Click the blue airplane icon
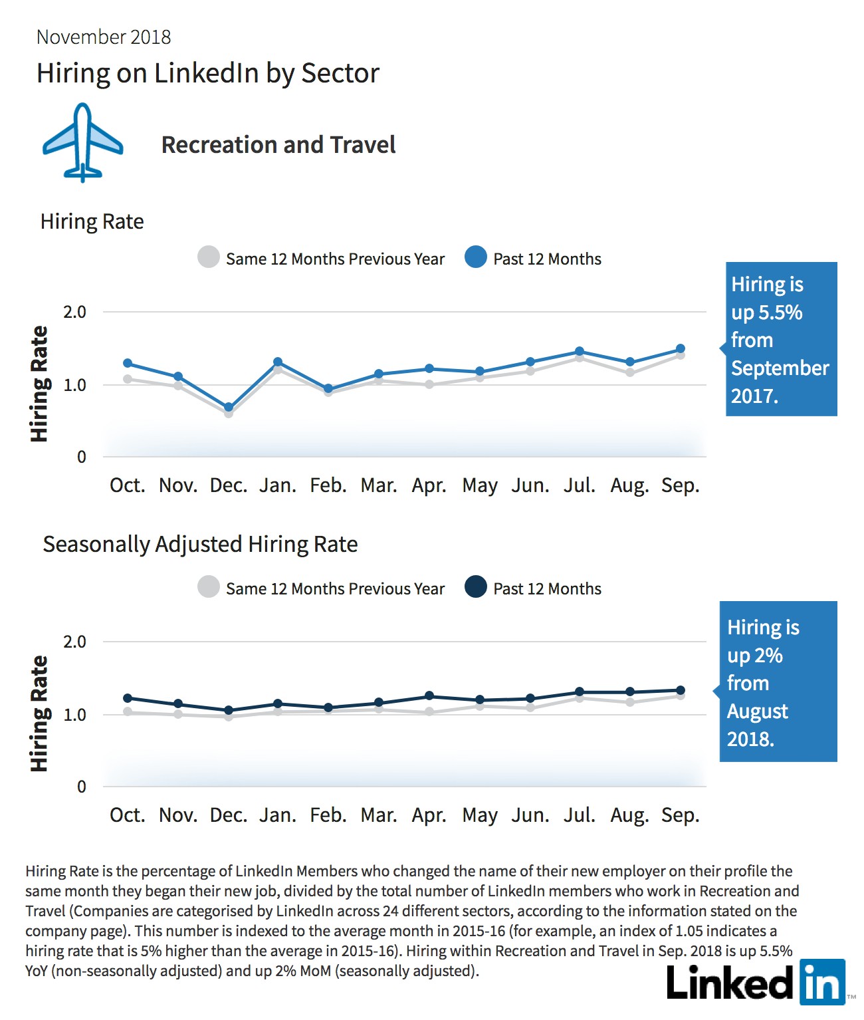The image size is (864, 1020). (82, 142)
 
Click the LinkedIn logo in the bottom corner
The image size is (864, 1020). (756, 982)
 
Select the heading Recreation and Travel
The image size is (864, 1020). (278, 144)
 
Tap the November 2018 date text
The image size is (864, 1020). (104, 37)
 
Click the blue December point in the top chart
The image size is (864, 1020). (229, 407)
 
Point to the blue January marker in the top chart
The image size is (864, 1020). (278, 362)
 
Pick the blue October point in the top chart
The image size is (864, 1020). (127, 363)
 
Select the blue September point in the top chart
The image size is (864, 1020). (680, 349)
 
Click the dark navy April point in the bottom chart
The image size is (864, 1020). (429, 696)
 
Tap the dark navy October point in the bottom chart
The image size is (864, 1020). (127, 698)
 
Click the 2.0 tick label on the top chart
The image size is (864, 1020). (74, 312)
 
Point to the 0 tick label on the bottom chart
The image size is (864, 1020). (81, 787)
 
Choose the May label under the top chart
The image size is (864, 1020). (480, 486)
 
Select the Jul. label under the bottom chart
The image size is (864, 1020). (580, 815)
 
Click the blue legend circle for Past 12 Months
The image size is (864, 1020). (476, 257)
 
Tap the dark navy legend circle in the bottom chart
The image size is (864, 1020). (476, 586)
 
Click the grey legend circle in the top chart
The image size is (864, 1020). (209, 257)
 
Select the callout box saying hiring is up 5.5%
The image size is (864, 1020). (781, 339)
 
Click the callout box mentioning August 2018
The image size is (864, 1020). (778, 682)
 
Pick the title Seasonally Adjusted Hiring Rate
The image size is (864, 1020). (200, 545)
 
